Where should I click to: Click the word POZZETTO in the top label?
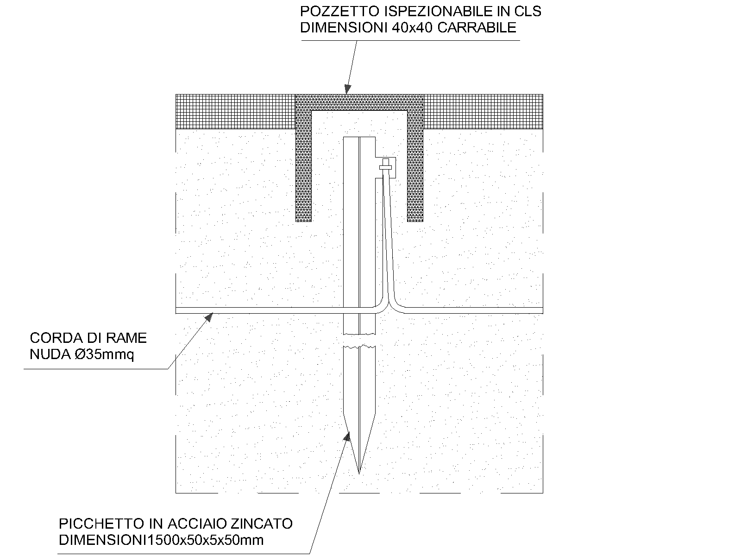click(340, 12)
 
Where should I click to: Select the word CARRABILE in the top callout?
click(477, 28)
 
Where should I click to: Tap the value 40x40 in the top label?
click(412, 28)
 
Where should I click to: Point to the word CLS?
click(528, 12)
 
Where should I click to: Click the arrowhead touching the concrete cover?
click(347, 88)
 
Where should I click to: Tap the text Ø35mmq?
click(104, 355)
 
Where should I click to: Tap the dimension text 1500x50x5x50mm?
click(206, 540)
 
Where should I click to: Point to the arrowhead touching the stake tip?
click(346, 436)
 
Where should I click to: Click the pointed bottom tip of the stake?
click(359, 474)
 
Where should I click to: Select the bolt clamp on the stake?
click(385, 168)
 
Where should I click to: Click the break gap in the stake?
click(359, 340)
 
